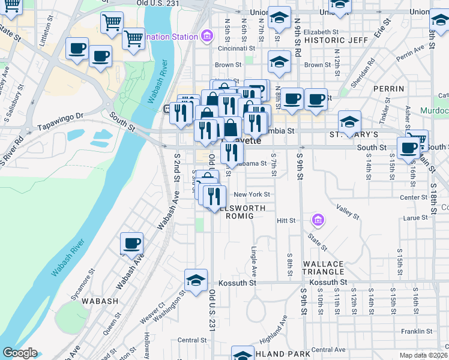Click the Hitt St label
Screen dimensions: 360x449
[x=286, y=221]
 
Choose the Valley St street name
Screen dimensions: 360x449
[x=348, y=211]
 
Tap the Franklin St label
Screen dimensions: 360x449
[x=417, y=331]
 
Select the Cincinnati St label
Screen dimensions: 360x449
[x=237, y=48]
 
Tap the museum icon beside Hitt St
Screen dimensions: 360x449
[x=317, y=221]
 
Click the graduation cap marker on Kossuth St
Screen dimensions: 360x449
[x=196, y=280]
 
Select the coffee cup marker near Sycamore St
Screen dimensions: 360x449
[x=131, y=244]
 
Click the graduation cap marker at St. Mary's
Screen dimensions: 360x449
[x=349, y=122]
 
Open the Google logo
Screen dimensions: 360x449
[x=20, y=353]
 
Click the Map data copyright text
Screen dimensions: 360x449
[x=424, y=355]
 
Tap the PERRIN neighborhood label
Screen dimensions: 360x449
[x=388, y=89]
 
